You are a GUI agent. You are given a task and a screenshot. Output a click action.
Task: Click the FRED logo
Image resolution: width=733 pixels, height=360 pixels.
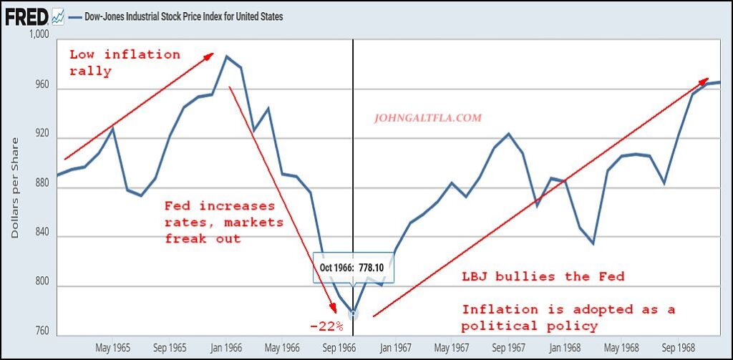pos(27,15)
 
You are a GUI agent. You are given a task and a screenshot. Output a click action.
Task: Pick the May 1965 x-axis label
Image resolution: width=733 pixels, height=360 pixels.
pos(113,348)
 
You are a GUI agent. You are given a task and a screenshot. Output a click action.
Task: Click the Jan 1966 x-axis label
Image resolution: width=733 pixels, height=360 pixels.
pos(225,348)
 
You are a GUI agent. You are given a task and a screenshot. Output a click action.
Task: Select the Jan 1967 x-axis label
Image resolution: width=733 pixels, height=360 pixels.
pos(394,348)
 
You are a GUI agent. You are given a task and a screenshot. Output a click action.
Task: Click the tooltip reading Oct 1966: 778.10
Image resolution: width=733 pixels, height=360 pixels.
pos(351,268)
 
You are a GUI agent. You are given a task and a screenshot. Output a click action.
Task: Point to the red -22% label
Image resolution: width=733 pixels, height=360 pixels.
pos(326,326)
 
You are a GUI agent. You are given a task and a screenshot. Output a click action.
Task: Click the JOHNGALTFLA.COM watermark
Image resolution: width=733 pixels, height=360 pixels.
pos(427,118)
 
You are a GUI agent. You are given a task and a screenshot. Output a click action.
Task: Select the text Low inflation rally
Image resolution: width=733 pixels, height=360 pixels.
pos(125,62)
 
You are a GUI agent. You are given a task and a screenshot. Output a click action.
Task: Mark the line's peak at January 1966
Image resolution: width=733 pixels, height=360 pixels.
pos(226,56)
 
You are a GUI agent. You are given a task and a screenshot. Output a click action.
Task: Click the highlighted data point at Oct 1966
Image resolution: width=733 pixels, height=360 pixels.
pos(353,313)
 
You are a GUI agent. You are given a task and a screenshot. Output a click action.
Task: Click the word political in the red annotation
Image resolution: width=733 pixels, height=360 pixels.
pos(501,326)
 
